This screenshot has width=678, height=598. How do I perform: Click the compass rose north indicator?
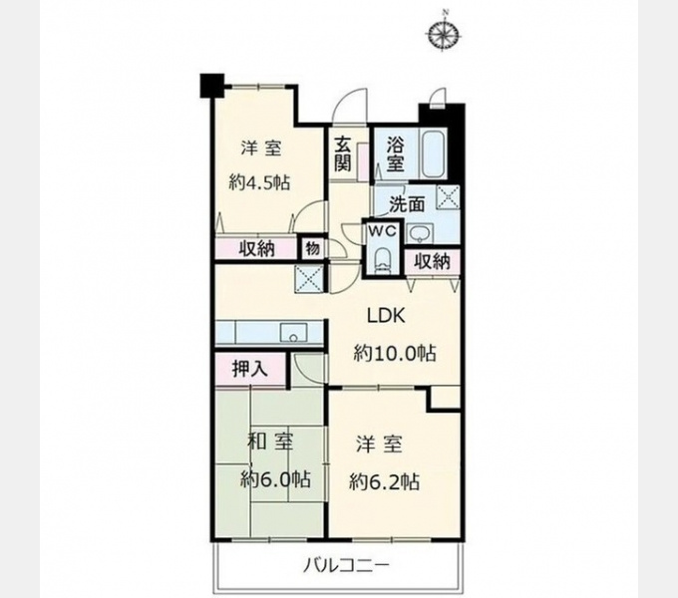click(x=444, y=32)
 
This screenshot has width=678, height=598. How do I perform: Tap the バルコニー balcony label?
click(x=346, y=565)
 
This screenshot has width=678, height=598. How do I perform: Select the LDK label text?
click(x=386, y=316)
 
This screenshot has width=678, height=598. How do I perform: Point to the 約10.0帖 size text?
click(x=395, y=354)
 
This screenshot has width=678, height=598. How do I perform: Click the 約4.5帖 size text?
click(x=259, y=182)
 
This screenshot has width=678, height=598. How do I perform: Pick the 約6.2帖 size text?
click(x=384, y=481)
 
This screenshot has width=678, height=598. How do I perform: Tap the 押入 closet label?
click(x=250, y=369)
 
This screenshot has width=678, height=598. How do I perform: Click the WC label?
click(x=382, y=231)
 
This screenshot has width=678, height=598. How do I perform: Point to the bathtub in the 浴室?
click(x=434, y=153)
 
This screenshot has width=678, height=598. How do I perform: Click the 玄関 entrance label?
click(x=342, y=153)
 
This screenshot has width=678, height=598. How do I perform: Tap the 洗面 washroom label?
click(x=407, y=204)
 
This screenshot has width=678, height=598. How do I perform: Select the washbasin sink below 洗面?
click(x=419, y=235)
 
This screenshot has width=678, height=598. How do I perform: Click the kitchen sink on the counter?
click(x=293, y=333)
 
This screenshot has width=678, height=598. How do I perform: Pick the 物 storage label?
click(x=312, y=248)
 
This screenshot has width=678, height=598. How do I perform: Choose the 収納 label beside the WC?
click(x=432, y=261)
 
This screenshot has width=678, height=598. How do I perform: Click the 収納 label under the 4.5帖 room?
click(x=257, y=248)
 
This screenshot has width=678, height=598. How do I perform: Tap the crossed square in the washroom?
click(x=448, y=196)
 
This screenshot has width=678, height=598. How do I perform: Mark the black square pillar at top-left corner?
click(x=211, y=86)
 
